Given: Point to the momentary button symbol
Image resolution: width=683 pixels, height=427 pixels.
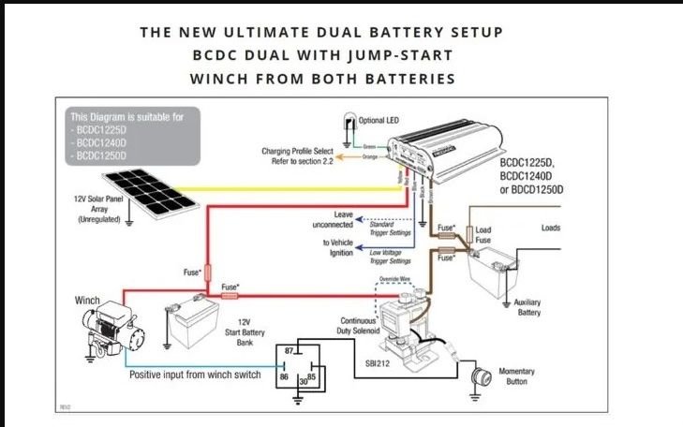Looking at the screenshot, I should (483, 378).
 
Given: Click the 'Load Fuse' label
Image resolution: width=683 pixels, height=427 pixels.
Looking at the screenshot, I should (483, 235).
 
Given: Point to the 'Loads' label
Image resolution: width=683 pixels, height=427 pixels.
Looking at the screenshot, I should (552, 228).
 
